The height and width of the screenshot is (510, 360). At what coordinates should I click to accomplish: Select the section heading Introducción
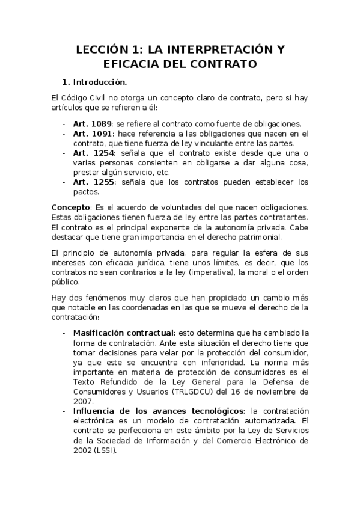99,81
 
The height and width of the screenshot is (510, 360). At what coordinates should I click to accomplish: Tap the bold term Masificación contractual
123,333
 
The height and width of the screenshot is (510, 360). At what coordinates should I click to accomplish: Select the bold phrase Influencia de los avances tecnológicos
156,411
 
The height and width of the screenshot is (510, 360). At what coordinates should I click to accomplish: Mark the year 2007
83,401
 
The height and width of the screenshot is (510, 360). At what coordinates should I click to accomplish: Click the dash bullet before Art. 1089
64,123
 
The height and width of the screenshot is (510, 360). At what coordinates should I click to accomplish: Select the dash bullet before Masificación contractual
64,333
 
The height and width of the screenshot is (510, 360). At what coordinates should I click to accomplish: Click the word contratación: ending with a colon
76,316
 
